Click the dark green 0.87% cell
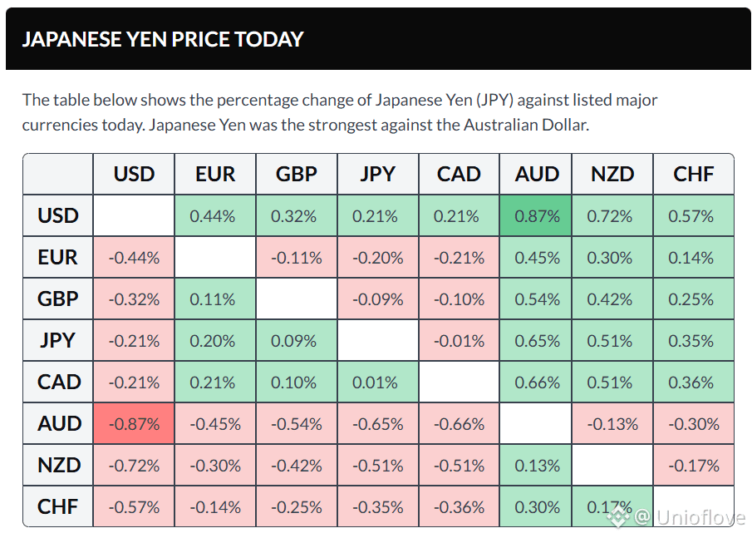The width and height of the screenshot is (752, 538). [x=535, y=215]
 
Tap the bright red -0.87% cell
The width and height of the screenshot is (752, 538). [x=134, y=423]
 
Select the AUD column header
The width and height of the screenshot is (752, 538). [x=536, y=174]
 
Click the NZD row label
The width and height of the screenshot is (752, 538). [x=58, y=465]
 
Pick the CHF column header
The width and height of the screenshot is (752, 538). [x=694, y=174]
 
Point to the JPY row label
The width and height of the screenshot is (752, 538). [x=58, y=340]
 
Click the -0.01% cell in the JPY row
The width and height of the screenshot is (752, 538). [x=459, y=340]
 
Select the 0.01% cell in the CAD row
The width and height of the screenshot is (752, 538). [x=378, y=382]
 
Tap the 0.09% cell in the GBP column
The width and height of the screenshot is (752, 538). [x=297, y=340]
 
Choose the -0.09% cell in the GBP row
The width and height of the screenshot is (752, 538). [x=378, y=299]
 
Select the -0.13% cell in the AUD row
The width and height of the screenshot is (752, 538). [x=612, y=423]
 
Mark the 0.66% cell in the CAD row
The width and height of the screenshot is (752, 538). [x=535, y=382]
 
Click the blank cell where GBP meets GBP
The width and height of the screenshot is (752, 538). [x=297, y=299]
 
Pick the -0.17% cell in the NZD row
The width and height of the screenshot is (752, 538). [x=694, y=465]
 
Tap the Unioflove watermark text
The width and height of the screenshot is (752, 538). [x=700, y=517]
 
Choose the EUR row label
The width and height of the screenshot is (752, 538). [x=58, y=257]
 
